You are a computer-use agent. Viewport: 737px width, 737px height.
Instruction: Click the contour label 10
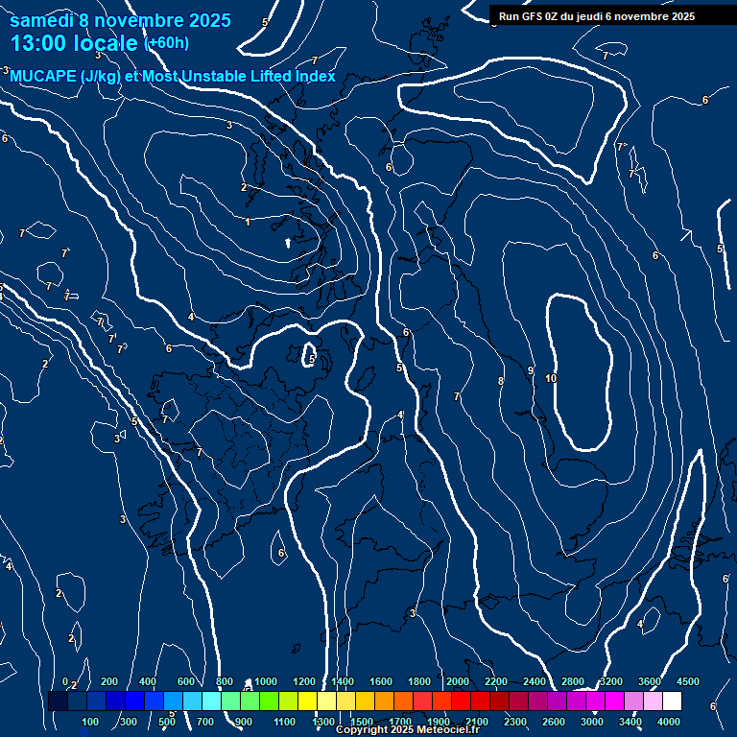(x=550, y=379)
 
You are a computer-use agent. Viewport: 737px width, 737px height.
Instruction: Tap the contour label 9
(x=530, y=370)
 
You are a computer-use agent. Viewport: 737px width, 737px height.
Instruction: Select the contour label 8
(x=500, y=382)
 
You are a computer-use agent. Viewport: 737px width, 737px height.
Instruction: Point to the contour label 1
(x=248, y=223)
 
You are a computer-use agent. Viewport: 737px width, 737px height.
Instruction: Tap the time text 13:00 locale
(x=74, y=43)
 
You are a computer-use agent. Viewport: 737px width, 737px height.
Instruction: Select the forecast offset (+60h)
(x=166, y=43)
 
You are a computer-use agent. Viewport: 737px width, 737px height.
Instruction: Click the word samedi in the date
(x=41, y=20)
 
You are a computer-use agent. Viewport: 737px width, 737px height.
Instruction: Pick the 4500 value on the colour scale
(x=687, y=681)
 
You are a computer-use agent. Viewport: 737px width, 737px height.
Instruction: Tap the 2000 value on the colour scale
(x=458, y=681)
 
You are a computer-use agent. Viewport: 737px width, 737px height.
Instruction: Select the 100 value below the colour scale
(x=91, y=722)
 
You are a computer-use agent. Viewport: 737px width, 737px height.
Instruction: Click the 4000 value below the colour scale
(x=669, y=722)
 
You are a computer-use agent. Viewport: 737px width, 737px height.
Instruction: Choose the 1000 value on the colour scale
(x=266, y=681)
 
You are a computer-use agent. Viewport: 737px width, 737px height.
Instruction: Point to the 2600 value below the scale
(x=554, y=722)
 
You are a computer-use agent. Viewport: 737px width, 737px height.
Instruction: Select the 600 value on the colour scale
(x=187, y=681)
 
